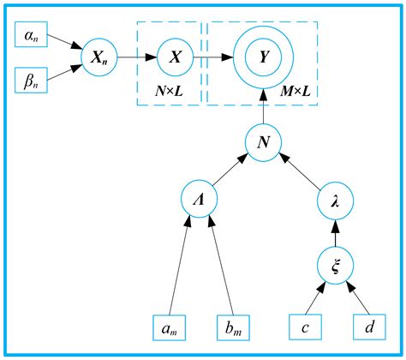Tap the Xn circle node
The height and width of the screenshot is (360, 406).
(97, 58)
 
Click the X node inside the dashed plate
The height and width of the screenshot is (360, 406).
(176, 58)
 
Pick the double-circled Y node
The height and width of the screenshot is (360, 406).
(262, 58)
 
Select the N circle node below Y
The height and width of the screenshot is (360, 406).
(262, 140)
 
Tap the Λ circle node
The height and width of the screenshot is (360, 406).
(200, 199)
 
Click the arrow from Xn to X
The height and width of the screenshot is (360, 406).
(135, 58)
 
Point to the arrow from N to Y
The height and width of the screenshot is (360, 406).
(262, 106)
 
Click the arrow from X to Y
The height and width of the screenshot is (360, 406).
(214, 58)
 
